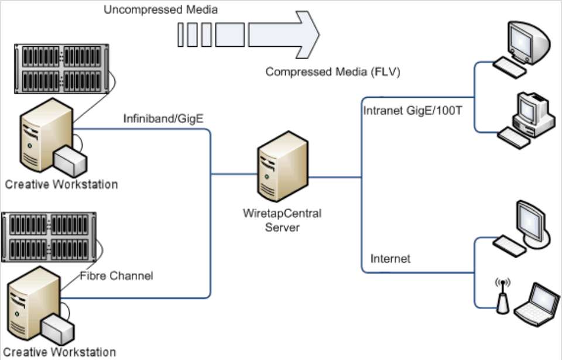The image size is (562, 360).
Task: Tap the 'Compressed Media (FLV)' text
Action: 333,72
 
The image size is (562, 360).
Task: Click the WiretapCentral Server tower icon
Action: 283,169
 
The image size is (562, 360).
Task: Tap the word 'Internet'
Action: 390,258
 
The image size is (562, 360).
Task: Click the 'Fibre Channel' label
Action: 116,275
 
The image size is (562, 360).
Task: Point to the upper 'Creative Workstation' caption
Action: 61,184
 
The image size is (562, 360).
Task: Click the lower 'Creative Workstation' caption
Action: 60,352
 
